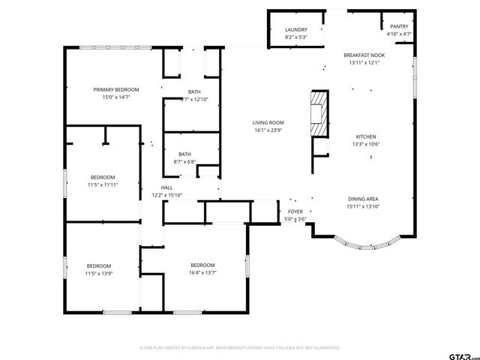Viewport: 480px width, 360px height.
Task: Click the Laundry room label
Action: (295, 29)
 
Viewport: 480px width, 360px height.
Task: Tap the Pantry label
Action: (398, 26)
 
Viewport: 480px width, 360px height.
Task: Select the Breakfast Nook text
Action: (364, 55)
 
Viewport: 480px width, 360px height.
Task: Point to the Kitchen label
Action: (365, 136)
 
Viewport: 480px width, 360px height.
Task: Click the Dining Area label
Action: (362, 199)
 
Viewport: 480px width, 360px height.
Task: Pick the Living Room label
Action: (267, 122)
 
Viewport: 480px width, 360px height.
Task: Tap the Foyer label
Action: (295, 211)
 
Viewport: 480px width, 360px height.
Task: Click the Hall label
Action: (166, 187)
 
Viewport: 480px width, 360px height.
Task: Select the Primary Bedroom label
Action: (116, 89)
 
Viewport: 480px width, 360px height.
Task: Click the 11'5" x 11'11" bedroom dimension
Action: (103, 184)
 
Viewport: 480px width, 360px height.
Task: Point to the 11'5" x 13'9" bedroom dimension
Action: (98, 274)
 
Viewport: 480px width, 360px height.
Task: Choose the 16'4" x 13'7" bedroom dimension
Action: (202, 273)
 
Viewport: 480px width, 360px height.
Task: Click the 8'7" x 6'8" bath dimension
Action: (184, 162)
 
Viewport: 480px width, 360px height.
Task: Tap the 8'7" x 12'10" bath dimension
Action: (193, 100)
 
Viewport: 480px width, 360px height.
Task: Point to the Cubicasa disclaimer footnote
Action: (240, 348)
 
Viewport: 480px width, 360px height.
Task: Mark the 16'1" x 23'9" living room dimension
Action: (267, 130)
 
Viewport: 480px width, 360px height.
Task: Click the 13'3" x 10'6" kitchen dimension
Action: (365, 145)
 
